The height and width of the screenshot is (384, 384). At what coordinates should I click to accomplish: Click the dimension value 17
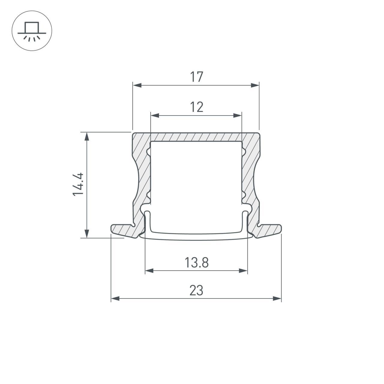(x=196, y=77)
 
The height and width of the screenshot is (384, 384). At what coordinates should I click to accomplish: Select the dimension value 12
(x=196, y=107)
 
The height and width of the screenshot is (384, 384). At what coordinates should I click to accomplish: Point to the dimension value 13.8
(x=196, y=263)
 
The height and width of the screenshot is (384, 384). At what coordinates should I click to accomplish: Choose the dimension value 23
(x=196, y=290)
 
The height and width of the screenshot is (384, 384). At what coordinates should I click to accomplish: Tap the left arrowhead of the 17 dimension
(x=137, y=85)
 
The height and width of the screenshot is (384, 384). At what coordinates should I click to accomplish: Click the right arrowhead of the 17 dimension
(x=255, y=85)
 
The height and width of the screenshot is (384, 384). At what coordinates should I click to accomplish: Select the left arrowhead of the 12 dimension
(x=154, y=115)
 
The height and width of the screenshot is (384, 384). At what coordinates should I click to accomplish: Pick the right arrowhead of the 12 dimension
(x=238, y=115)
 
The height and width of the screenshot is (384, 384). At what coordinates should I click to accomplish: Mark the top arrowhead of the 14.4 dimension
(x=87, y=136)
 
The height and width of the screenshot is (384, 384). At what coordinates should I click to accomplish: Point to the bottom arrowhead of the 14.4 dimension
(x=87, y=233)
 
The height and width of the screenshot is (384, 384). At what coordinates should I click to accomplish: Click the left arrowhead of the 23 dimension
(x=115, y=298)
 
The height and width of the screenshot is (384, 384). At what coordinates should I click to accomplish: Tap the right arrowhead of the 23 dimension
(x=277, y=298)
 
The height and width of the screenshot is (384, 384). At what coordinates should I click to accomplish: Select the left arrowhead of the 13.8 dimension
(x=149, y=271)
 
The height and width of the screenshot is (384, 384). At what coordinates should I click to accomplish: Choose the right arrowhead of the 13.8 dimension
(x=243, y=271)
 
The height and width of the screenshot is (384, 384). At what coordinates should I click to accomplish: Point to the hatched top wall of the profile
(x=196, y=137)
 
